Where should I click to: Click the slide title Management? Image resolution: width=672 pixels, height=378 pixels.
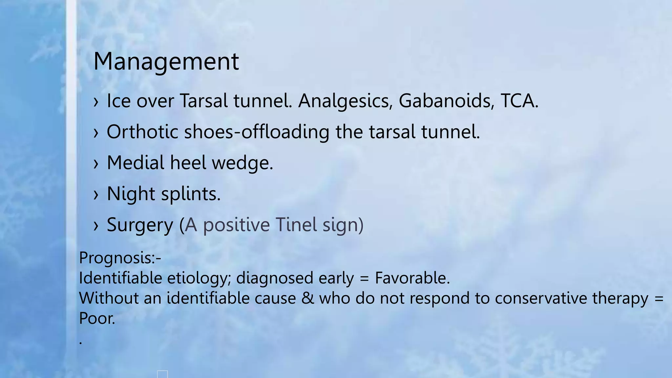point(166,61)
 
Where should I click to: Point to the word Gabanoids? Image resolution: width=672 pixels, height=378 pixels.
point(446,100)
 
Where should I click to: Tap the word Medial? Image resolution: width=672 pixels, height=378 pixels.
point(136,163)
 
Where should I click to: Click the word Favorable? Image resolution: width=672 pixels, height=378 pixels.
point(412,278)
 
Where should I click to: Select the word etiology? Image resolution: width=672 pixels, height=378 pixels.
point(197,279)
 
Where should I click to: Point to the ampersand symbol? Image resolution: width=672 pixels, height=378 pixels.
point(307,298)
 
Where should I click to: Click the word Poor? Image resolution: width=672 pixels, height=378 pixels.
point(97,318)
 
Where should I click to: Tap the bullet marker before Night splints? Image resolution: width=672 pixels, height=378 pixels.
point(96,195)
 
